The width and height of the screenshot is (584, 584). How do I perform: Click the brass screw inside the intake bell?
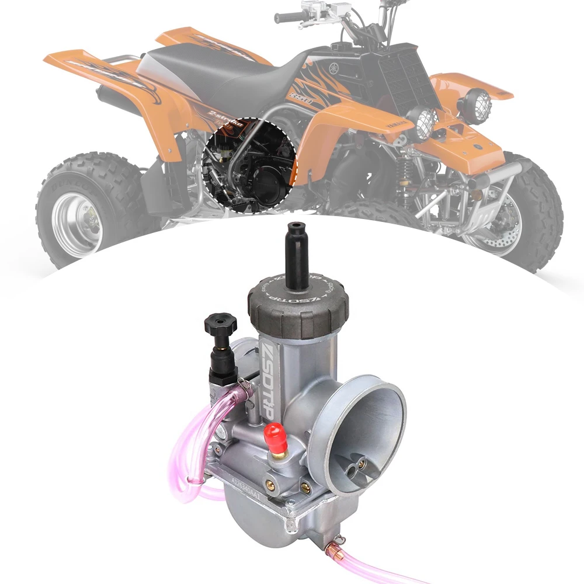tap(361, 464)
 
